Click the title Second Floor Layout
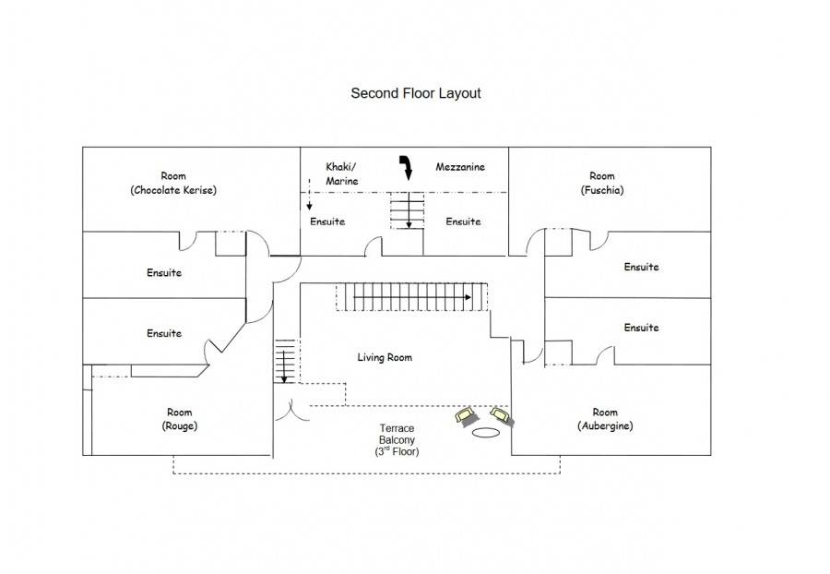click(x=415, y=93)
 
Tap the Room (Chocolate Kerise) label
click(x=173, y=183)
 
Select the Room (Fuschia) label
click(x=602, y=183)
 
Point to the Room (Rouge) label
click(x=180, y=419)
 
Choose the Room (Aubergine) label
click(x=605, y=419)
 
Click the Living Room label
click(x=385, y=357)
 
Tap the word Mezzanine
click(x=460, y=167)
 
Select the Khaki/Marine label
click(x=341, y=173)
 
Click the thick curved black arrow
click(x=403, y=167)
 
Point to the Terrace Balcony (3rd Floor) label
click(x=397, y=441)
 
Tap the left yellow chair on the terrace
click(x=465, y=416)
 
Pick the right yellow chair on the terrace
click(x=502, y=415)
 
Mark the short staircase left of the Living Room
click(x=286, y=361)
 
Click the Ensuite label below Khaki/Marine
click(x=327, y=221)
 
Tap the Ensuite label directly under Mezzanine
click(x=463, y=221)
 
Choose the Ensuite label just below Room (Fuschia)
click(x=641, y=267)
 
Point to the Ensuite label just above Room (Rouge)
click(x=164, y=333)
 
